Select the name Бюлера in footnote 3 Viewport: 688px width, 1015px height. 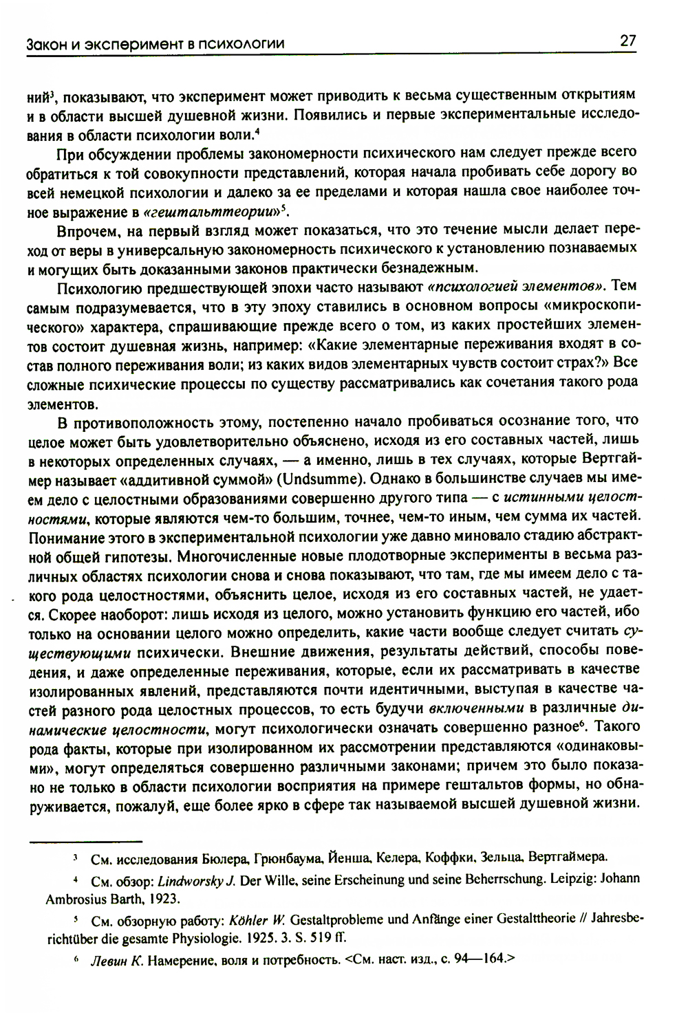pyautogui.click(x=225, y=858)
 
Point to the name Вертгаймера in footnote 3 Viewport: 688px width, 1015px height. pyautogui.click(x=572, y=858)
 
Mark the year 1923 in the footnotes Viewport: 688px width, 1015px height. pyautogui.click(x=165, y=898)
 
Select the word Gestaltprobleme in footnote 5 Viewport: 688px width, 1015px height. pyautogui.click(x=332, y=920)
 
